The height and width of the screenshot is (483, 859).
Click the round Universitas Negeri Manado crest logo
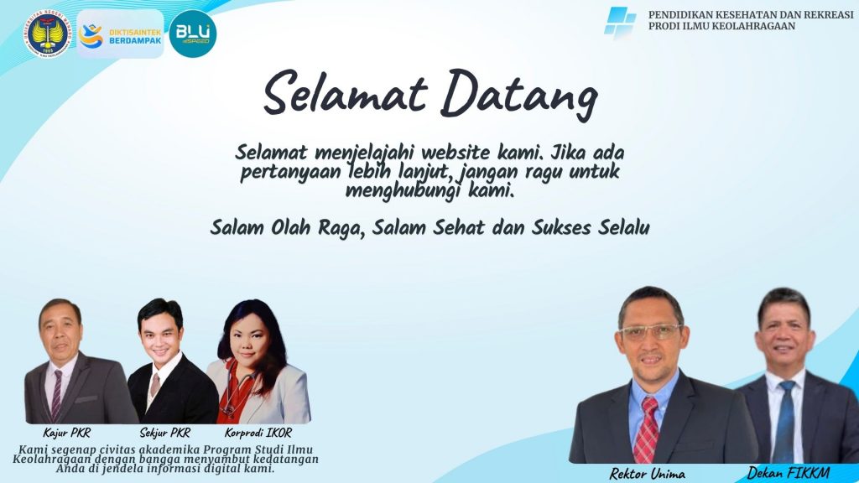pyautogui.click(x=48, y=34)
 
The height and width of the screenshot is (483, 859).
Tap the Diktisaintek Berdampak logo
pyautogui.click(x=121, y=34)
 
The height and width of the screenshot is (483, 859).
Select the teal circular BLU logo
pyautogui.click(x=193, y=34)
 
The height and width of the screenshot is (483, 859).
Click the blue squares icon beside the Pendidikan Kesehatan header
pyautogui.click(x=620, y=23)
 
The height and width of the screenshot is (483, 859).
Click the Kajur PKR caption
pyautogui.click(x=66, y=433)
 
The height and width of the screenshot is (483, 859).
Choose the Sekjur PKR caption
pyautogui.click(x=165, y=433)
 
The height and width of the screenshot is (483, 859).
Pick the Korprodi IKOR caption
pyautogui.click(x=258, y=433)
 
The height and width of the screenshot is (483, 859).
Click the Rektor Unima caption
pyautogui.click(x=647, y=473)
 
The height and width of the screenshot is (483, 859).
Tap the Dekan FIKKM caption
pyautogui.click(x=789, y=473)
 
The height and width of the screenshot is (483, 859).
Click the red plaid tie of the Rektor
pyautogui.click(x=647, y=430)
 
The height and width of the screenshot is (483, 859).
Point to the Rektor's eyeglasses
pyautogui.click(x=651, y=332)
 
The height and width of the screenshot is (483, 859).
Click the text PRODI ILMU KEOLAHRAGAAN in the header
pyautogui.click(x=721, y=26)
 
